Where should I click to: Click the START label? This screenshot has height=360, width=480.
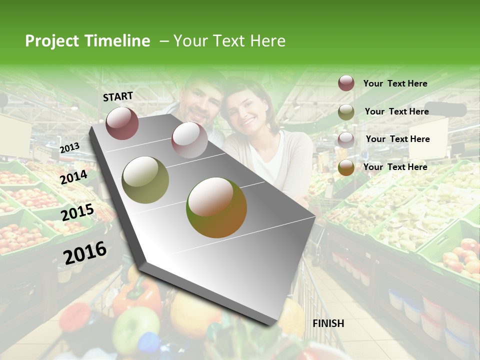click(x=118, y=96)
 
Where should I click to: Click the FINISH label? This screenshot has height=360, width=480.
click(x=328, y=323)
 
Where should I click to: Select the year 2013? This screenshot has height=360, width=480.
click(x=69, y=148)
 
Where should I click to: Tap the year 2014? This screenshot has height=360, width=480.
click(x=74, y=177)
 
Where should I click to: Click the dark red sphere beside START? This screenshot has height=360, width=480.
click(x=122, y=123)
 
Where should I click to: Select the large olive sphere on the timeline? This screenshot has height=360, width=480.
click(x=145, y=180)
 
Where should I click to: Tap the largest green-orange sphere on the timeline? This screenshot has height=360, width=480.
click(x=216, y=207)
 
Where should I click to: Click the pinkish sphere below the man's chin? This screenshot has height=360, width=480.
click(x=189, y=140)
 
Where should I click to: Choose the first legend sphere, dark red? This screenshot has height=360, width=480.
click(x=346, y=83)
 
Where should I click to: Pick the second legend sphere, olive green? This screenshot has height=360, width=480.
click(x=346, y=112)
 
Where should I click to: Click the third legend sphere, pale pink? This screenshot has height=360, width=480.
click(x=346, y=139)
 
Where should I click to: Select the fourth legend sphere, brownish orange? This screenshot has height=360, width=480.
click(x=346, y=167)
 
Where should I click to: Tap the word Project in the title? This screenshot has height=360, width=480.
click(x=51, y=41)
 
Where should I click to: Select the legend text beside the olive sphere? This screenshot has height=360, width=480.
click(x=396, y=111)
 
